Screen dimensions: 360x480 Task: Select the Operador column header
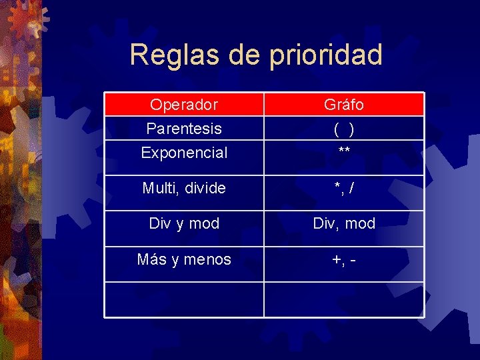click(x=184, y=105)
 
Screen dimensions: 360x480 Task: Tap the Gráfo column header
click(x=344, y=105)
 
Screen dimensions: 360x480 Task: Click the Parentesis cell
click(x=184, y=128)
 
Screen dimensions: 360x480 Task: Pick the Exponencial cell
click(x=184, y=153)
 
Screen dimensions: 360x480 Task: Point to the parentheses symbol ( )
click(x=344, y=129)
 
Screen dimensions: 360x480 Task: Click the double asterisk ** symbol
click(x=344, y=152)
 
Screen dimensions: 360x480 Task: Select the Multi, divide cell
click(x=184, y=188)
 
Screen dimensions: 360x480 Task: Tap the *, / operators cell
click(x=344, y=188)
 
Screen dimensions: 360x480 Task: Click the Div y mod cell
click(x=184, y=223)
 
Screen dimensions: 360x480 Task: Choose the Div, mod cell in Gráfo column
click(x=344, y=223)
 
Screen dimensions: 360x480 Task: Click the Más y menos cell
click(x=184, y=259)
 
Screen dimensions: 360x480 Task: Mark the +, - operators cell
click(x=344, y=259)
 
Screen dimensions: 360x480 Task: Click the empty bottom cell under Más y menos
click(x=184, y=299)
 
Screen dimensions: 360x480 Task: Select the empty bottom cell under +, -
click(x=344, y=299)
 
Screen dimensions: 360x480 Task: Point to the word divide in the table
click(x=205, y=188)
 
